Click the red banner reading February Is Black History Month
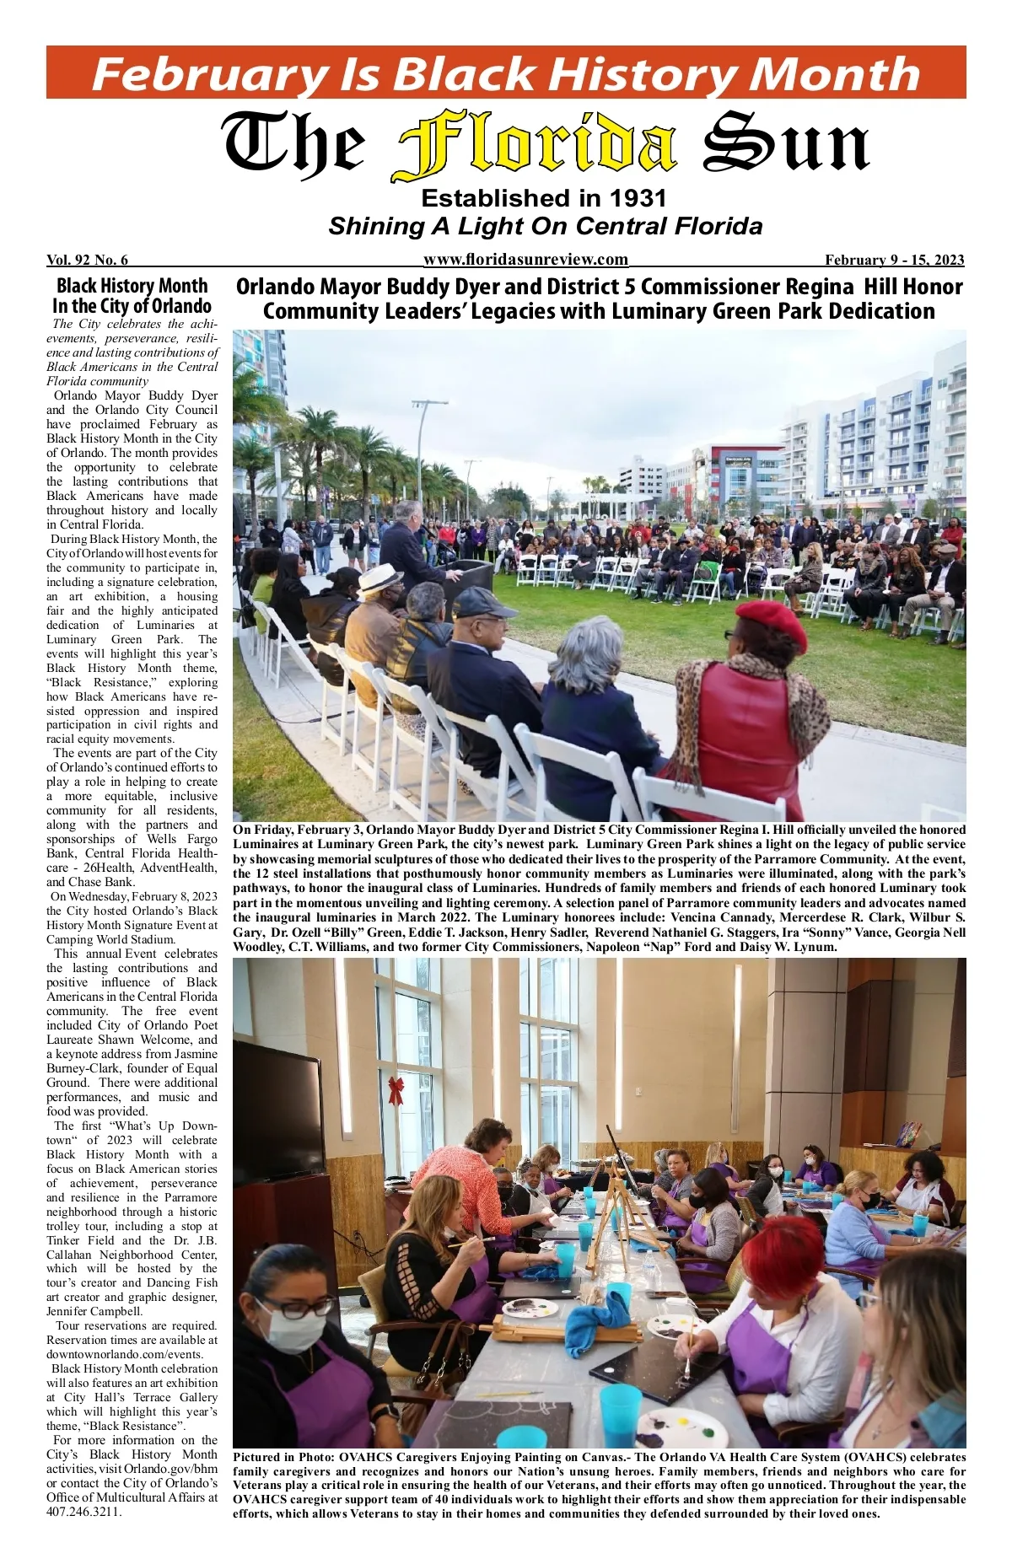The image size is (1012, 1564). [506, 73]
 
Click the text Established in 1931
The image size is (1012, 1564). [544, 199]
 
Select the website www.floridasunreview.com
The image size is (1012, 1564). [525, 260]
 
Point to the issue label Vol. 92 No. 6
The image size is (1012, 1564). [87, 260]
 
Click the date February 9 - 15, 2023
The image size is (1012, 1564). [894, 260]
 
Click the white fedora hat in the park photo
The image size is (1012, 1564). [379, 579]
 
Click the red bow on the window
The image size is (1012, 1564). [396, 1089]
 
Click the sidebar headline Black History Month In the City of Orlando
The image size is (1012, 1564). [132, 296]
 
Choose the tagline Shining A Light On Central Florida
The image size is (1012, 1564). [545, 227]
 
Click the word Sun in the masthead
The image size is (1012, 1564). [786, 146]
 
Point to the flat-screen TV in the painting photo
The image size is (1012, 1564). [277, 1113]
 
